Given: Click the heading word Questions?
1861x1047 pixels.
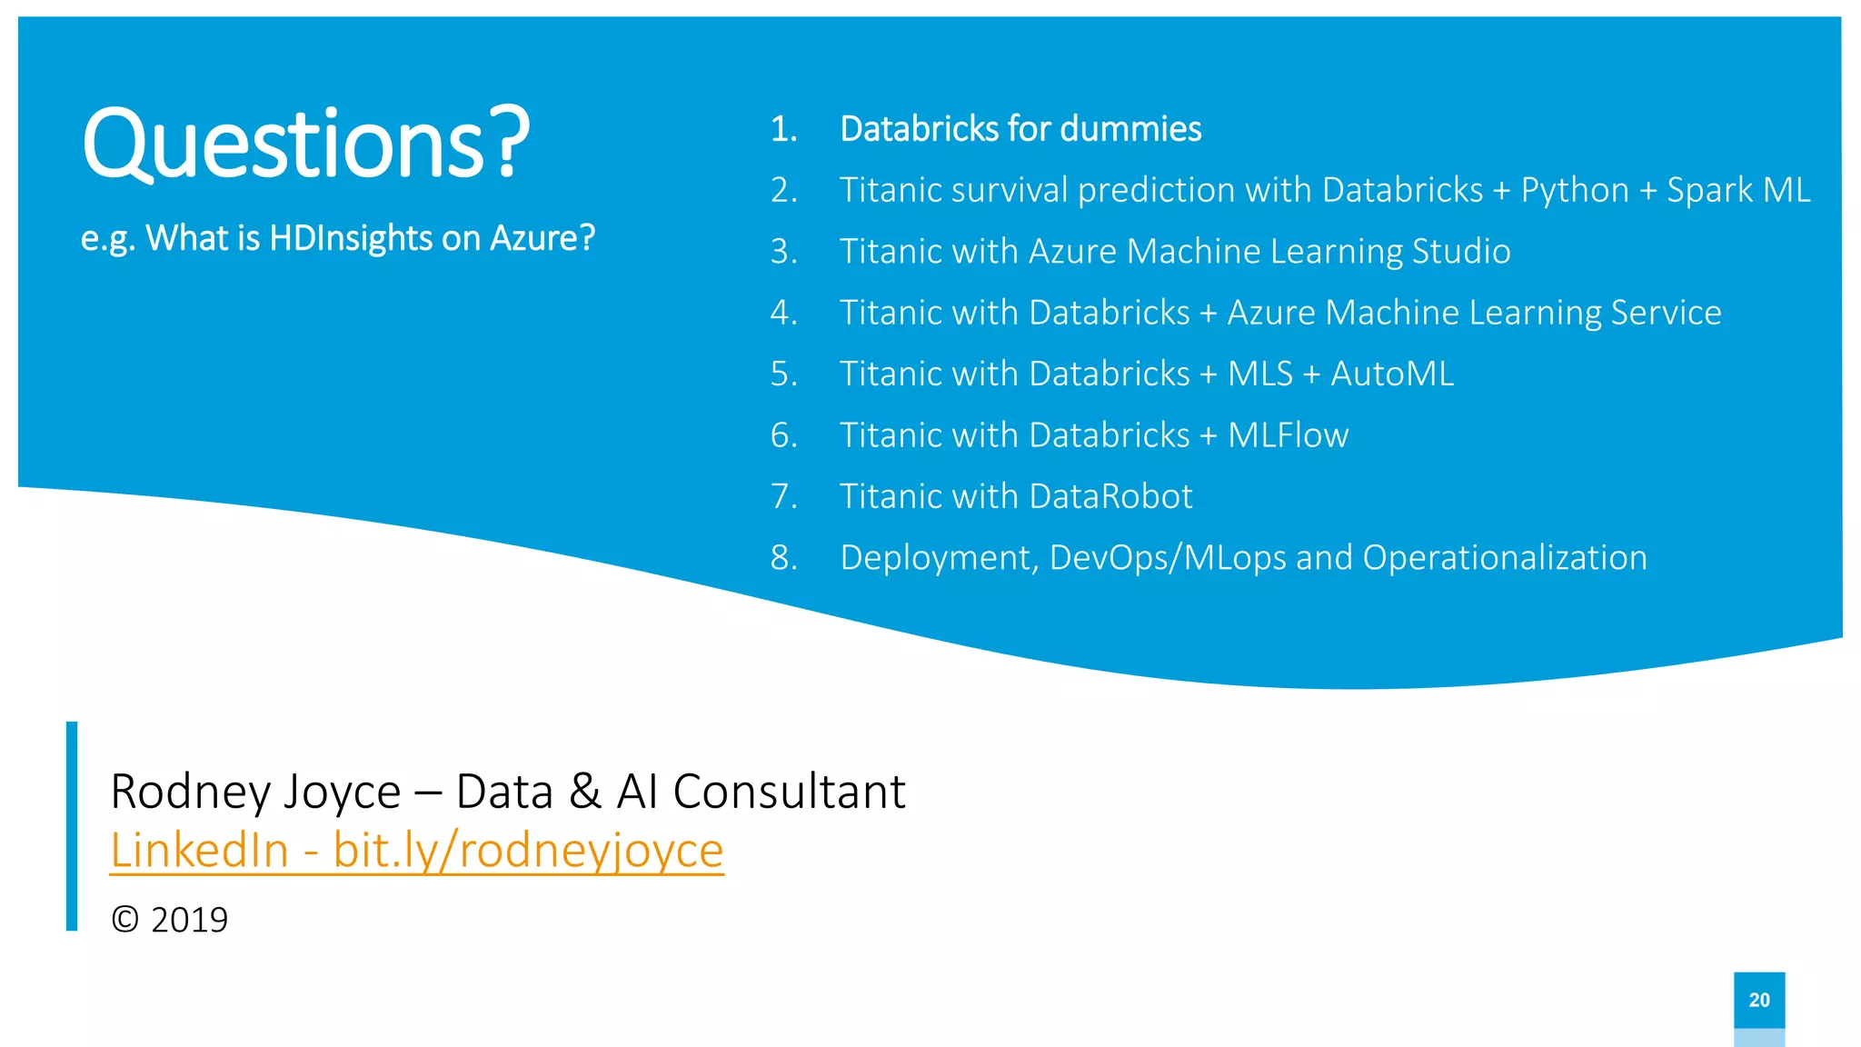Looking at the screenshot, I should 305,144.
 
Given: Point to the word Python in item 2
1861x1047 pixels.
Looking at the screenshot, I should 1575,190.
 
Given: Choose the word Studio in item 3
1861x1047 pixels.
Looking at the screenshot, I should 1461,251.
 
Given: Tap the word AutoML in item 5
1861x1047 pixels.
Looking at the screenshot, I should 1391,374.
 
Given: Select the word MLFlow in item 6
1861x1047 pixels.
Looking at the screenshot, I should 1288,435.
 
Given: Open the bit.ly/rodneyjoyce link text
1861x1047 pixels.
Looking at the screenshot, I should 528,851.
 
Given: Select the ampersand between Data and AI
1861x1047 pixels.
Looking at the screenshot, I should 585,792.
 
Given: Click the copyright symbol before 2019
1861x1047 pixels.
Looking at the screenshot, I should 124,920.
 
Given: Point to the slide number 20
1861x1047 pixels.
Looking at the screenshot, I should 1758,1000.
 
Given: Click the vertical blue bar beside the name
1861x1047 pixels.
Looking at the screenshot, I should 72,825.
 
